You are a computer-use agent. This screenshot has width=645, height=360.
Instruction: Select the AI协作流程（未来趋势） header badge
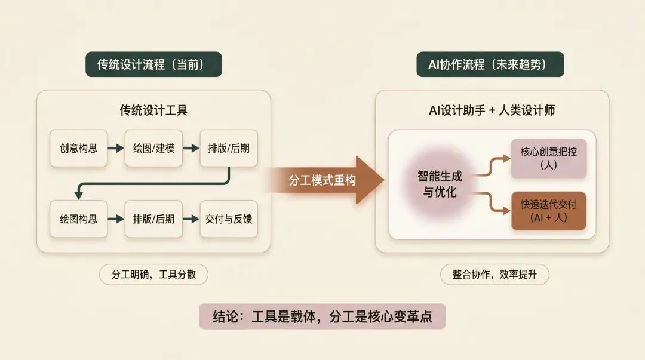coord(490,64)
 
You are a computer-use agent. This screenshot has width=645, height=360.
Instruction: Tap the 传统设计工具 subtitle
coord(153,110)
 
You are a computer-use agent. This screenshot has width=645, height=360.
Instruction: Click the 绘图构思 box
coord(78,219)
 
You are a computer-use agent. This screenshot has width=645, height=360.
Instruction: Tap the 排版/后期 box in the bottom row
coord(153,219)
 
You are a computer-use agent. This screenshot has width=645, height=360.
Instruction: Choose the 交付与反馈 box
coord(229,219)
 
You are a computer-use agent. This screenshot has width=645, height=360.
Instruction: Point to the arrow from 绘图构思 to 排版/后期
coord(116,219)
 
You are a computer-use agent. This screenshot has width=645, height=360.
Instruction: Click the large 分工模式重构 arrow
coord(325,180)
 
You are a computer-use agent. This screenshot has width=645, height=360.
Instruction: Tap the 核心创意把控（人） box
coord(548,158)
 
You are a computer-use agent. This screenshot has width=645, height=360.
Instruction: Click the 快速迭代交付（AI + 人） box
coord(548,211)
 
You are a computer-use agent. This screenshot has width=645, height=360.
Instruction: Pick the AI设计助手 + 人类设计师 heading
coord(492,110)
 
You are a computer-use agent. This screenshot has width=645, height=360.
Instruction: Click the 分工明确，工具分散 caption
coord(154,275)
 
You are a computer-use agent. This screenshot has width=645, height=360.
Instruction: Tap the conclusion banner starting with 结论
coord(322,316)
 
